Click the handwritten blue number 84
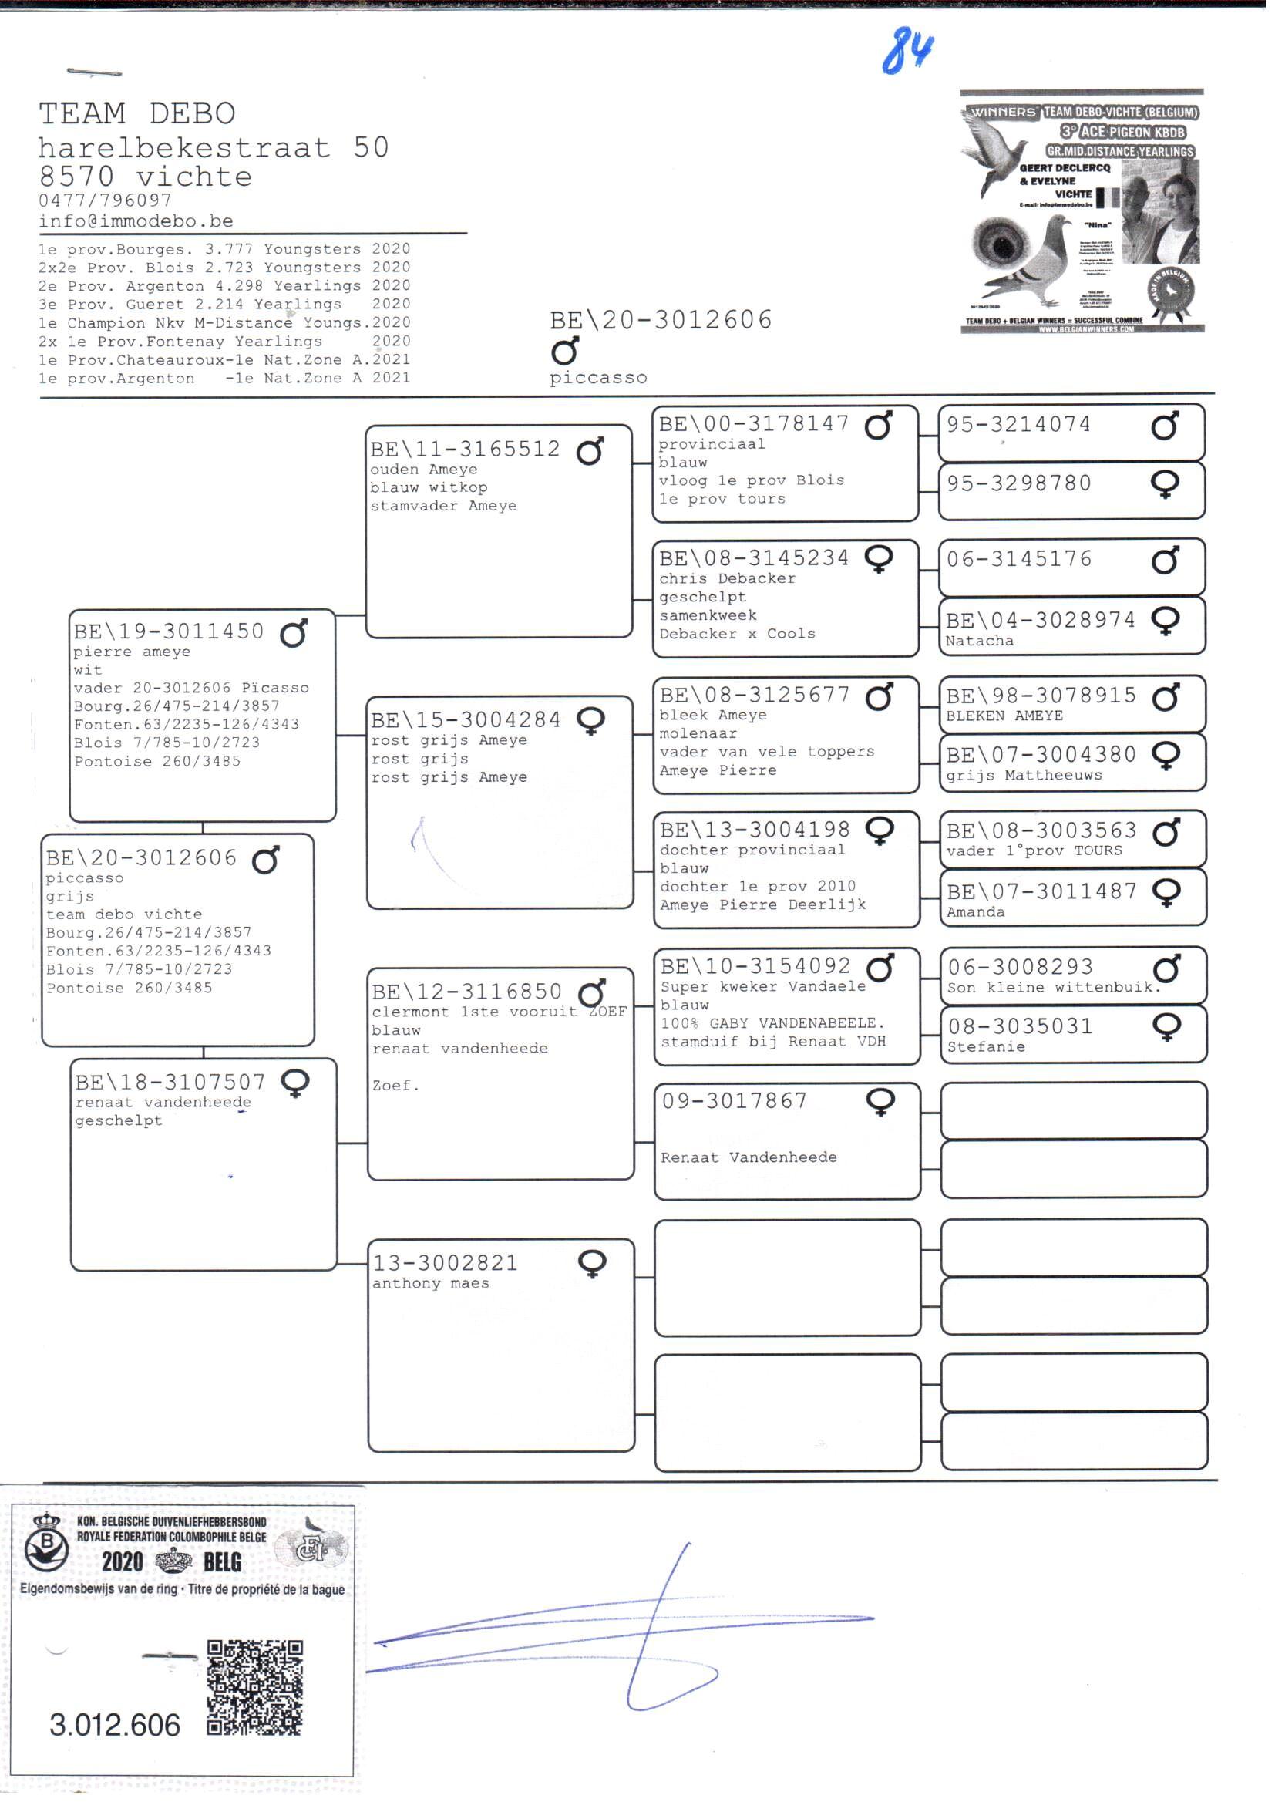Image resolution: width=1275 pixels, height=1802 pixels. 907,51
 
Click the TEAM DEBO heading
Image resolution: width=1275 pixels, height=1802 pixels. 137,114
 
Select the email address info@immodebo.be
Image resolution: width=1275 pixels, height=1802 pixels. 136,221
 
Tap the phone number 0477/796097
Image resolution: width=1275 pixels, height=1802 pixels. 105,201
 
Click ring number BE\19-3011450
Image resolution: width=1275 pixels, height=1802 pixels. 169,632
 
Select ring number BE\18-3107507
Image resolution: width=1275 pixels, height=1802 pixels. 170,1083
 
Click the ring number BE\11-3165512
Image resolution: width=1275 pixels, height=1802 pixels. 466,450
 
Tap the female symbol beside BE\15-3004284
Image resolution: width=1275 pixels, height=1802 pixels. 591,721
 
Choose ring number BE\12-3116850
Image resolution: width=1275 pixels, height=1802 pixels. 467,992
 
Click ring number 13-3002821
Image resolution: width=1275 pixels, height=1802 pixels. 445,1263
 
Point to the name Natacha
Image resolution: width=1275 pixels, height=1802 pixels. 979,642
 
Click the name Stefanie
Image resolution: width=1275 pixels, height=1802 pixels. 986,1047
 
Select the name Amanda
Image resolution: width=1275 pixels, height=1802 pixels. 975,912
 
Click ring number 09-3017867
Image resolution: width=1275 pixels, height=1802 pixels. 734,1101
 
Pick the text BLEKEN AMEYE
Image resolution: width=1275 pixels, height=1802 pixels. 1004,716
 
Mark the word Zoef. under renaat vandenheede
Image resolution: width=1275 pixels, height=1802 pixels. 395,1086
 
